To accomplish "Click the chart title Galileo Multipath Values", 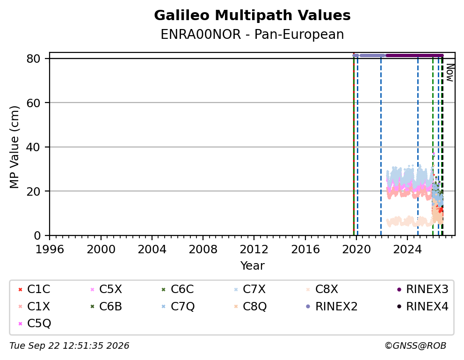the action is [252, 15].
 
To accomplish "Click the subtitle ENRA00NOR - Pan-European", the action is [252, 34].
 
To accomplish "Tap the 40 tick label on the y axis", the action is [33, 147].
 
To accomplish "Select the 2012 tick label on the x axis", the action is [254, 250].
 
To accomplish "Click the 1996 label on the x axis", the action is [50, 250].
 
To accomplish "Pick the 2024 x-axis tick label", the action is [407, 250].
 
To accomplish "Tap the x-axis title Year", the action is [252, 265].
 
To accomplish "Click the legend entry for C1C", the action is [34, 289].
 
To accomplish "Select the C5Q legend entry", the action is [35, 323].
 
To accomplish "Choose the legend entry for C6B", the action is [106, 307].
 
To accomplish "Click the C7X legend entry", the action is [250, 289].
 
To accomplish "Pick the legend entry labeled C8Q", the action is [250, 307].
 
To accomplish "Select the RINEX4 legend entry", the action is [422, 307].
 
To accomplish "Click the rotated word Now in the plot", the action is [450, 73].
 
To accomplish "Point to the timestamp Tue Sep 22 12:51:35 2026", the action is [69, 345].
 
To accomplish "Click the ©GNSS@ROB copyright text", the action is [415, 345].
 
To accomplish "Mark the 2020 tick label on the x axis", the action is [356, 250].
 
